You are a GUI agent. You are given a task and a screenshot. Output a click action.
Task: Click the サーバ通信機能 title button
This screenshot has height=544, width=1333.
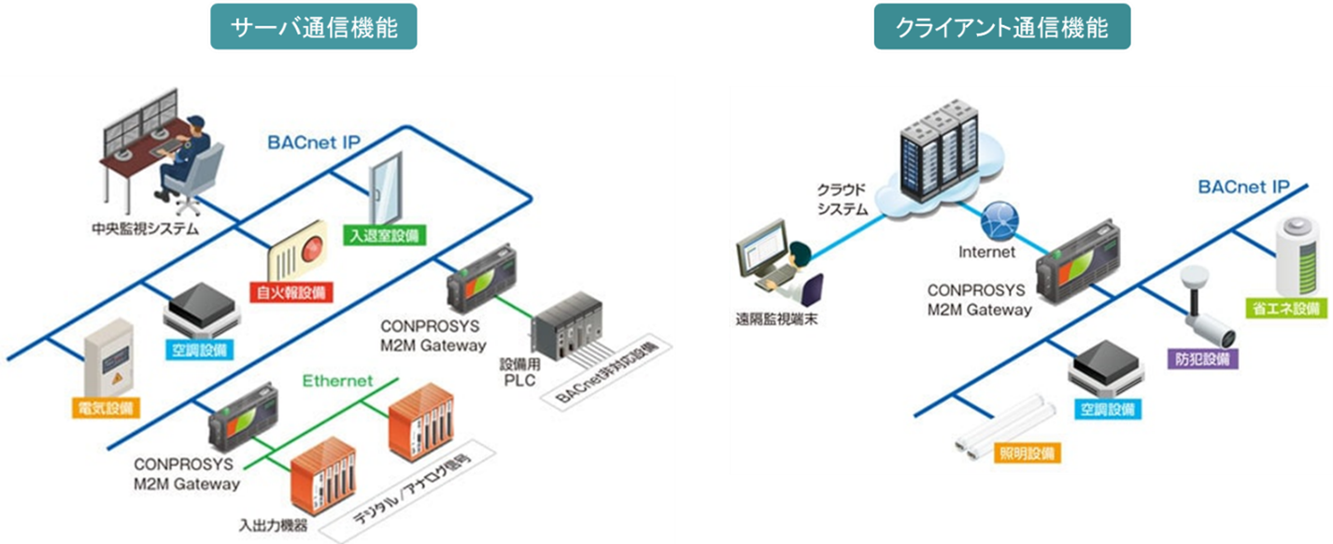point(313,27)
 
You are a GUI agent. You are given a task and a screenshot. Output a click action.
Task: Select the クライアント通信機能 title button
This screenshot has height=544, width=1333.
point(1001,28)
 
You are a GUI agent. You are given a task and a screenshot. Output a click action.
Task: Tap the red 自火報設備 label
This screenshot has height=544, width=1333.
point(290,292)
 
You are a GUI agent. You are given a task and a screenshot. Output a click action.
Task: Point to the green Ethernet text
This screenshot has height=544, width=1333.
point(336,381)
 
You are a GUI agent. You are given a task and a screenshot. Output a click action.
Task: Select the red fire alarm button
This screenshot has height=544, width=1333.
point(311,247)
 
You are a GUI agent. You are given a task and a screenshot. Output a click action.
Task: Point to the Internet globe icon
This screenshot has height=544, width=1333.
point(997,222)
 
